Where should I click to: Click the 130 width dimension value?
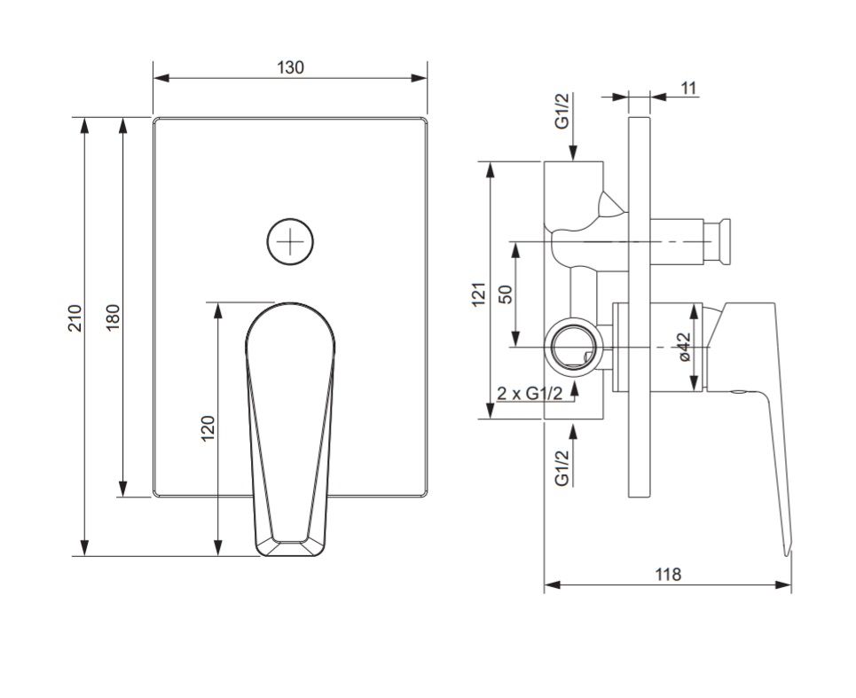click(290, 67)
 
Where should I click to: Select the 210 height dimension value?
click(75, 318)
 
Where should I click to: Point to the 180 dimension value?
click(113, 317)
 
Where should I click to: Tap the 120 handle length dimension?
click(208, 429)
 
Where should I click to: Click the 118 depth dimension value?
click(667, 574)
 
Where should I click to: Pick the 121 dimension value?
click(479, 294)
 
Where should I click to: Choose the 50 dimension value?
click(506, 294)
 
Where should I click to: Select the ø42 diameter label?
click(684, 347)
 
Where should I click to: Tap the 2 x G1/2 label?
click(530, 393)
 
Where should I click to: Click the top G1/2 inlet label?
click(562, 112)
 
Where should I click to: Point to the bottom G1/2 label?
click(562, 467)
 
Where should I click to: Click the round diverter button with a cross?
click(290, 241)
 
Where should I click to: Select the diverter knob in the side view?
click(723, 241)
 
